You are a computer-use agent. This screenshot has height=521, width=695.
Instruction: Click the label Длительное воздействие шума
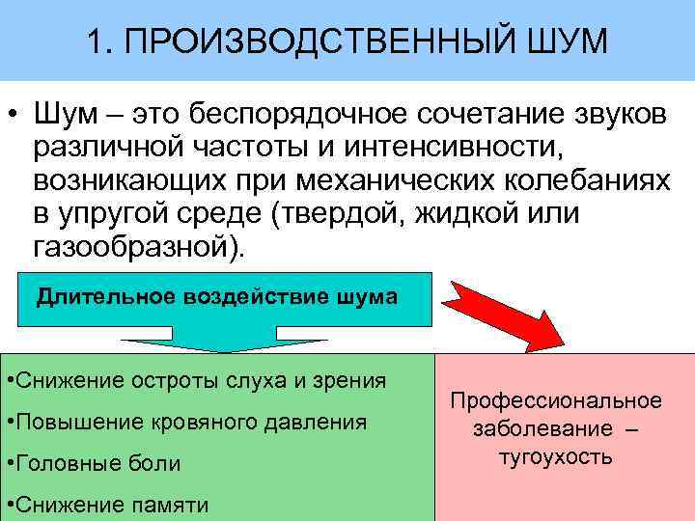[216, 296]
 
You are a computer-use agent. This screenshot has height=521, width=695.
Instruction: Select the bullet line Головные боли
[97, 463]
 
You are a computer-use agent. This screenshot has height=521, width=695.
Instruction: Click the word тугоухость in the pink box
[555, 456]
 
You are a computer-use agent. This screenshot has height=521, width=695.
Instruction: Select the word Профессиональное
[556, 400]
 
